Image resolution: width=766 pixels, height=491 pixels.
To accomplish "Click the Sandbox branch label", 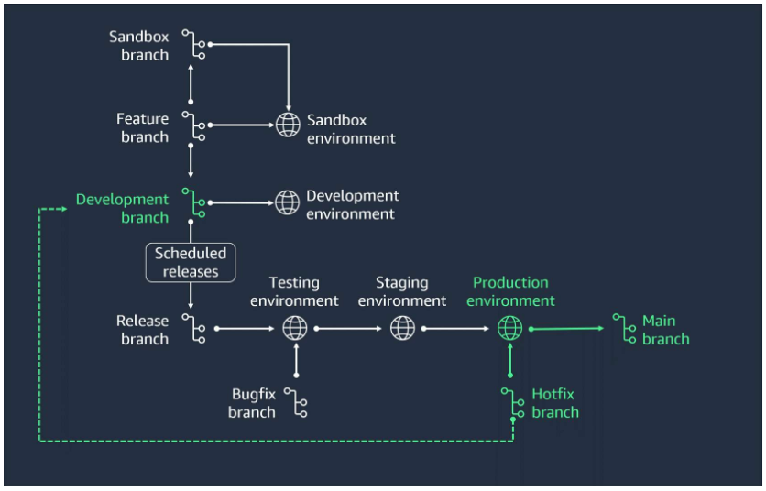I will coord(138,46).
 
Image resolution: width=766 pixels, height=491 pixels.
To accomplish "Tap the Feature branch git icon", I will coord(193,127).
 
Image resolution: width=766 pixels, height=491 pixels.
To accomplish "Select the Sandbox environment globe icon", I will coord(288,125).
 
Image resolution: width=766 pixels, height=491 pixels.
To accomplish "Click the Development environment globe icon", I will coord(288,202).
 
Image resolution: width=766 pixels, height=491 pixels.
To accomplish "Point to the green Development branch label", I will coord(122,208).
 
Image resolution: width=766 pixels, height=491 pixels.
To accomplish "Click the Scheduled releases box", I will coord(190,263).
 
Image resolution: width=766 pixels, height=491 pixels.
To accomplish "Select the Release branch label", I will coord(142,330).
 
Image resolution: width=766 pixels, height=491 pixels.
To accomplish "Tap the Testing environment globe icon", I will coord(295,327).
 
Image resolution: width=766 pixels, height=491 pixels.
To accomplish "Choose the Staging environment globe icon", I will coord(402,327).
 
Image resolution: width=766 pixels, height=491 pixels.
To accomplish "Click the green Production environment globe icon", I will coord(509,327).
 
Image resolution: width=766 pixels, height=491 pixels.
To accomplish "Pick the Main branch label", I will coord(665,330).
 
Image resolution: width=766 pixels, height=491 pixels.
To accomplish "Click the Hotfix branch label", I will coord(554,403).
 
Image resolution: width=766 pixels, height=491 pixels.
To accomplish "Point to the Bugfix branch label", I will coord(252,403).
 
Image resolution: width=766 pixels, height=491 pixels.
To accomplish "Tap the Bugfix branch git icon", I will coord(296,402).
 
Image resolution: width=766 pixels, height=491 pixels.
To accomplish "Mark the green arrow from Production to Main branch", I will coord(568,327).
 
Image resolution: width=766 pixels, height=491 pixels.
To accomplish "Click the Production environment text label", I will coord(510,291).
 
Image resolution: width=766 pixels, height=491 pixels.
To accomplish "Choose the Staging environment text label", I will coord(402,291).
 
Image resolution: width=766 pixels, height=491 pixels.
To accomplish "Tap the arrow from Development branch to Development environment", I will coord(240,202).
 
